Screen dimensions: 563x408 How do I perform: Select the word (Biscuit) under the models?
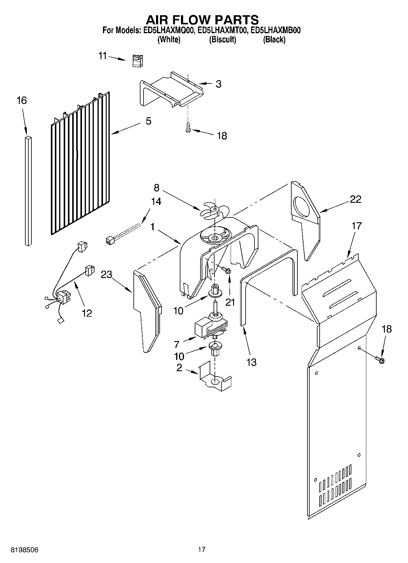(222, 40)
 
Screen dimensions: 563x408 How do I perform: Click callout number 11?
(103, 56)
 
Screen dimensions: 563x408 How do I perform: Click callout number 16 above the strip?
(22, 100)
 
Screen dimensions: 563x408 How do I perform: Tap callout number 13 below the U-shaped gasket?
(251, 362)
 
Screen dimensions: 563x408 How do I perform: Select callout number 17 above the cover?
(357, 226)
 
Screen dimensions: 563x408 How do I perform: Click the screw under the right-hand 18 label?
(380, 360)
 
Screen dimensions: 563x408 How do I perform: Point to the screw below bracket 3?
(188, 128)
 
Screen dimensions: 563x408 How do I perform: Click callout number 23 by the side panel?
(107, 274)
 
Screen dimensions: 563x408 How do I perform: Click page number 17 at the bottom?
(201, 549)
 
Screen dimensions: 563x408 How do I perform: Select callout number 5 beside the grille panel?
(148, 121)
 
